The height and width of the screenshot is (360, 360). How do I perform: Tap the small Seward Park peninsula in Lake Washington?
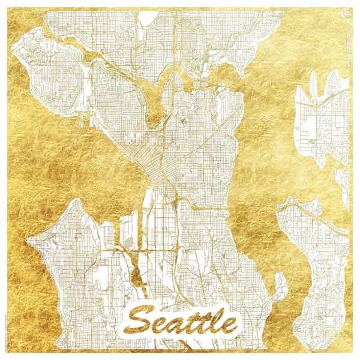[278, 286]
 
